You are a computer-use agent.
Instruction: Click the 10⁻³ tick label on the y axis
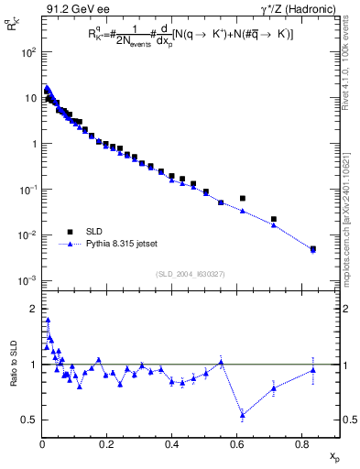tap(27, 280)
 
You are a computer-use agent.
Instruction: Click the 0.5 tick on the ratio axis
tap(29, 420)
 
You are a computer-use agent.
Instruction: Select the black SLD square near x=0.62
tap(243, 198)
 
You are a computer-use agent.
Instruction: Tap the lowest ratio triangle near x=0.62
tap(243, 415)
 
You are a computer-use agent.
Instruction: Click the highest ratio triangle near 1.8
tap(47, 320)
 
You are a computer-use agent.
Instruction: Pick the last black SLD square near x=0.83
tap(313, 248)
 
